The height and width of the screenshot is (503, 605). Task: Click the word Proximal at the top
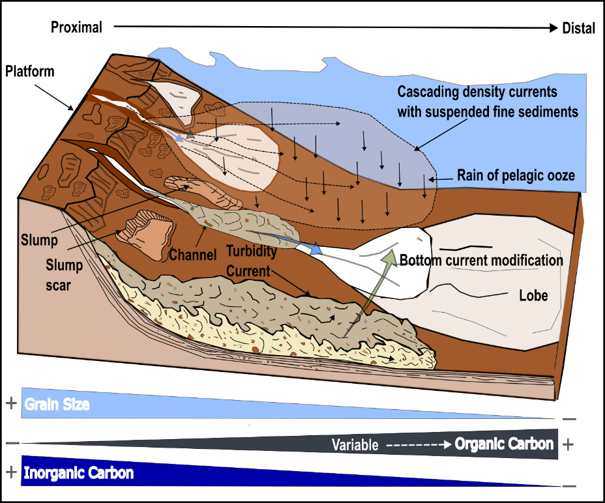point(76,27)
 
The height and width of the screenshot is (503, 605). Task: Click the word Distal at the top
point(578,28)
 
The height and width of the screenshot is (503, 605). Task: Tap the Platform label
point(31,71)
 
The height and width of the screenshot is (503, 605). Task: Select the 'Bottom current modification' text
point(481,261)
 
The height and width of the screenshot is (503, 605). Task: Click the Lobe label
point(533,295)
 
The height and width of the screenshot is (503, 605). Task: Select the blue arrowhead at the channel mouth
point(316,249)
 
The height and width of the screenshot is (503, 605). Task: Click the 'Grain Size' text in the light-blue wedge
point(57,404)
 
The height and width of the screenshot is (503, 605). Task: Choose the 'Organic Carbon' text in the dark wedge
point(504,444)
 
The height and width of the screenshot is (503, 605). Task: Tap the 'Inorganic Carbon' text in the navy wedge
point(78,473)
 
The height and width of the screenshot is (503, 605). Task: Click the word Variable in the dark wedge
point(355,446)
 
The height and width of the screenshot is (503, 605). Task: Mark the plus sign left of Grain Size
point(10,403)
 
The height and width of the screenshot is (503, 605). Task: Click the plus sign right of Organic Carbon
point(568,444)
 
